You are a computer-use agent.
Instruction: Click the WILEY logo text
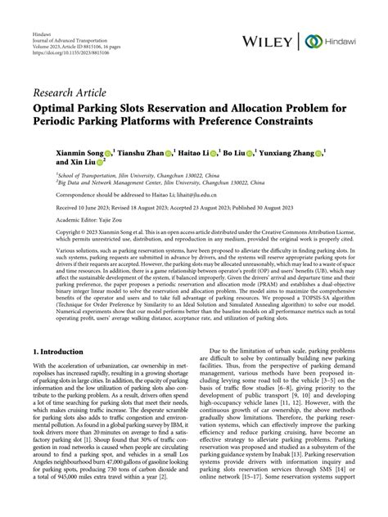266,41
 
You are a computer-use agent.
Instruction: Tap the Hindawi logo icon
313,41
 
